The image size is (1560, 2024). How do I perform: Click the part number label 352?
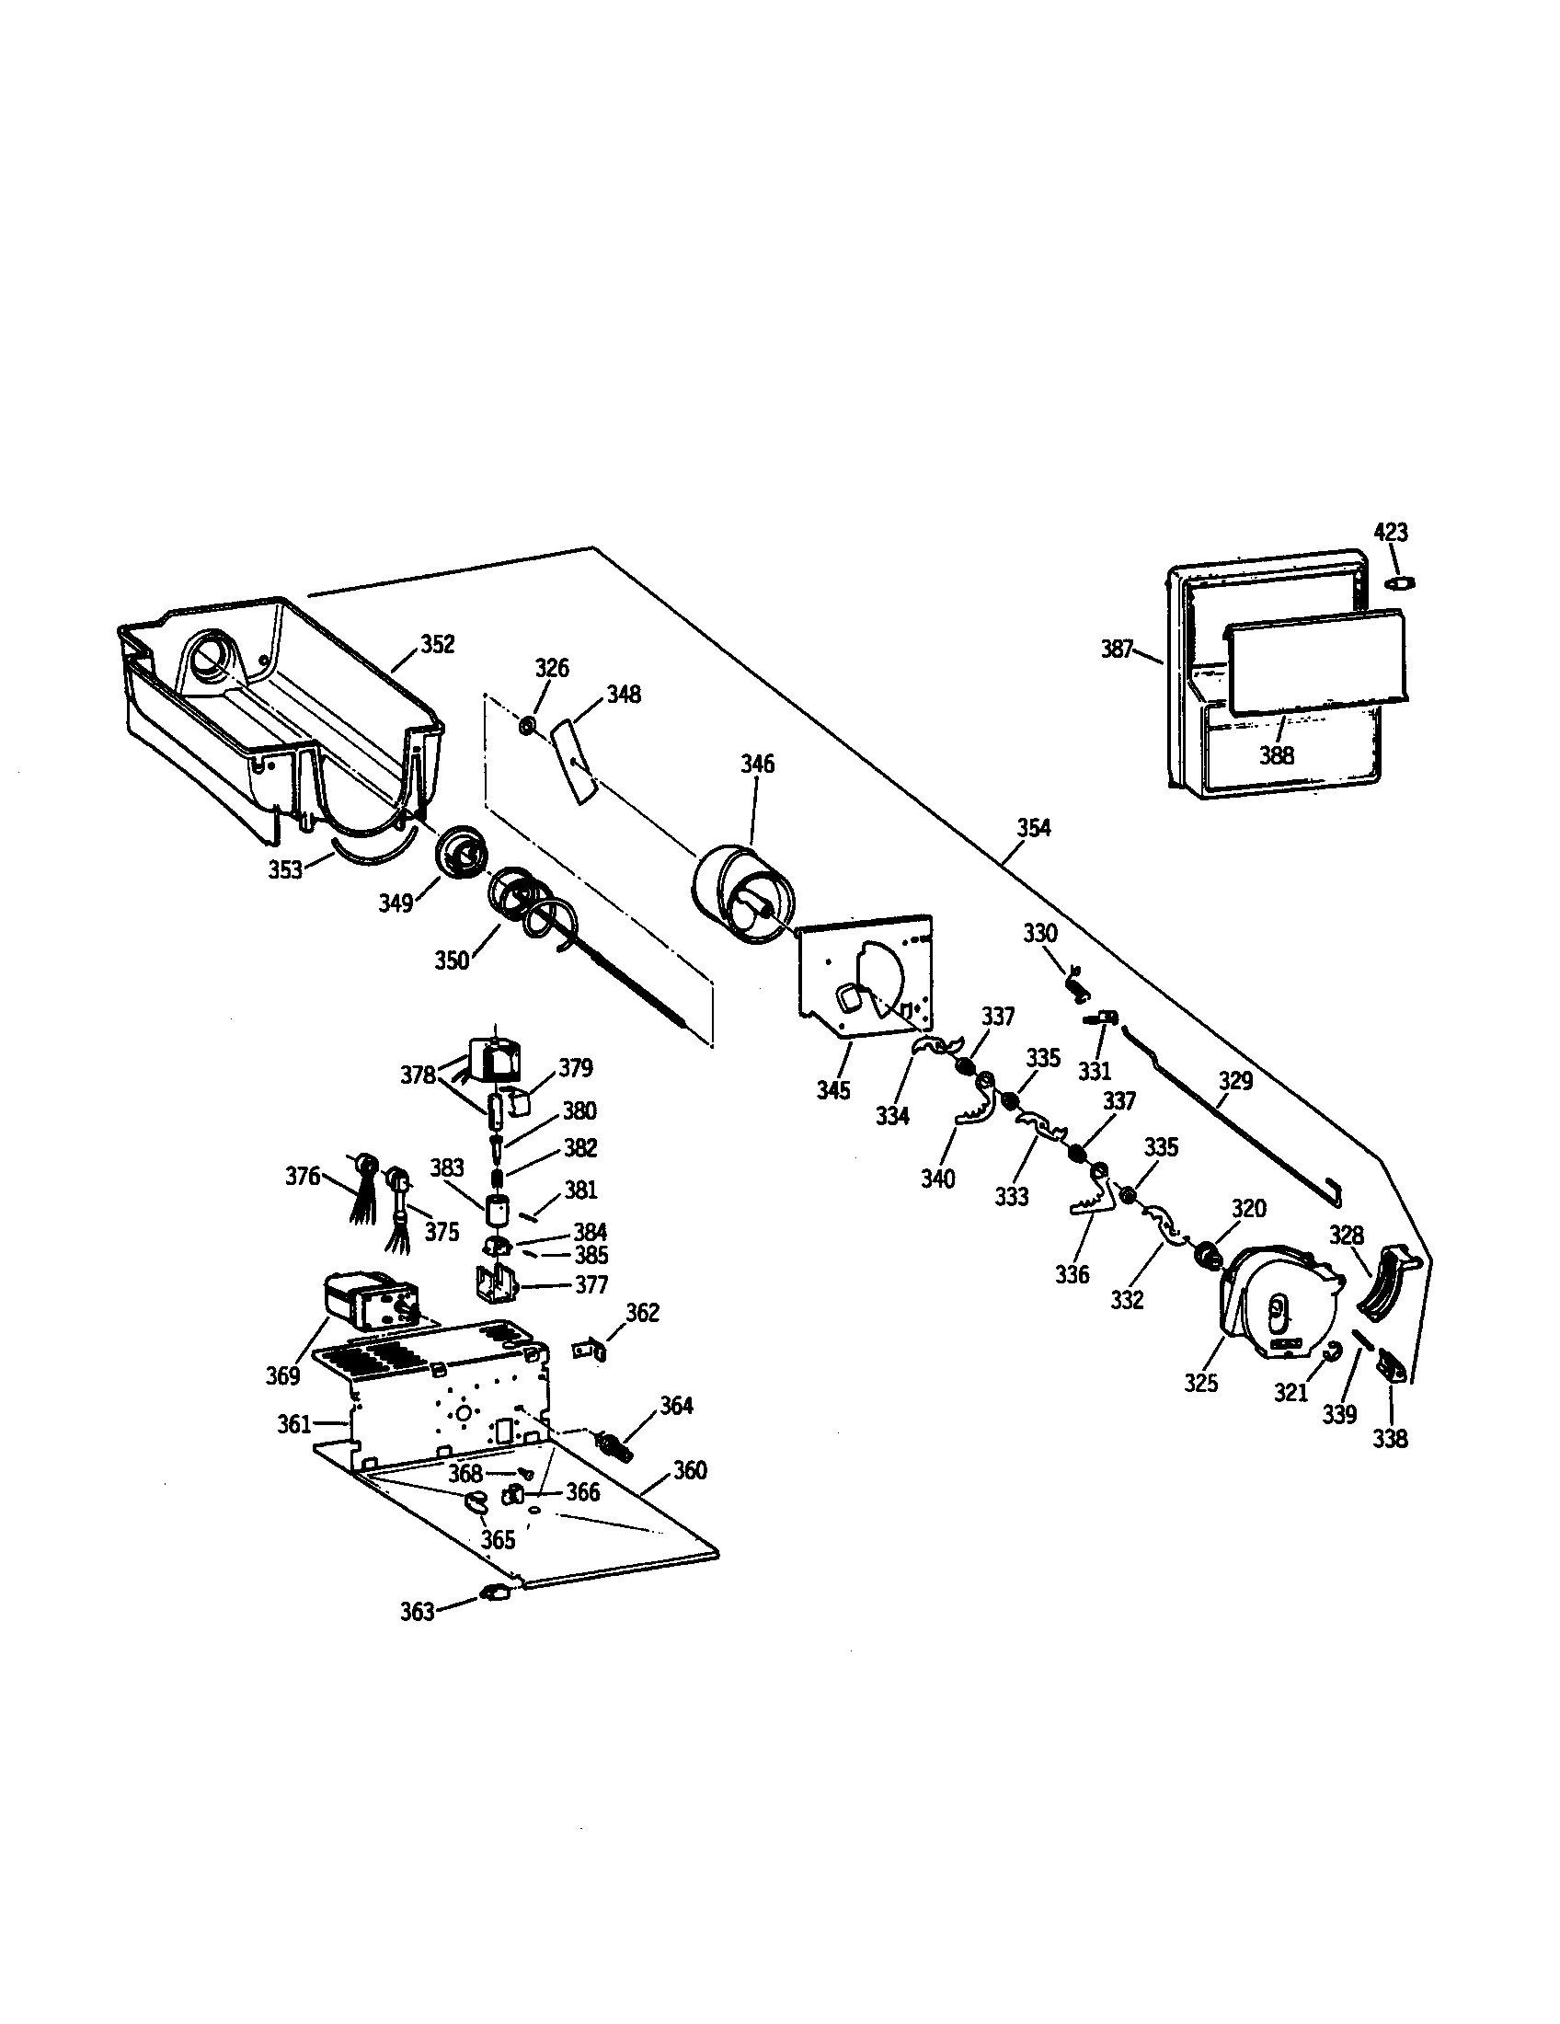pyautogui.click(x=437, y=644)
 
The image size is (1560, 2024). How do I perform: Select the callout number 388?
pyautogui.click(x=1276, y=755)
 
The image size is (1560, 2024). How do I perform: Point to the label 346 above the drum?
pyautogui.click(x=757, y=765)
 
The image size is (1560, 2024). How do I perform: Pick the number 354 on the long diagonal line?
pyautogui.click(x=1034, y=828)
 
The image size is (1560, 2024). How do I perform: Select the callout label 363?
pyautogui.click(x=417, y=1613)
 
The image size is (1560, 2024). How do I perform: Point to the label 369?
pyautogui.click(x=282, y=1376)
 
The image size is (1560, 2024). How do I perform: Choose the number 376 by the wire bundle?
pyautogui.click(x=302, y=1176)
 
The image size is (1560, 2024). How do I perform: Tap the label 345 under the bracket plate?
pyautogui.click(x=832, y=1091)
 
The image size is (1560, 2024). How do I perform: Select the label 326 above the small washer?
pyautogui.click(x=551, y=668)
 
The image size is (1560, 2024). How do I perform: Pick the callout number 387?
pyautogui.click(x=1118, y=649)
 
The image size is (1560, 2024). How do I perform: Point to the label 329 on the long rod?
pyautogui.click(x=1234, y=1081)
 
